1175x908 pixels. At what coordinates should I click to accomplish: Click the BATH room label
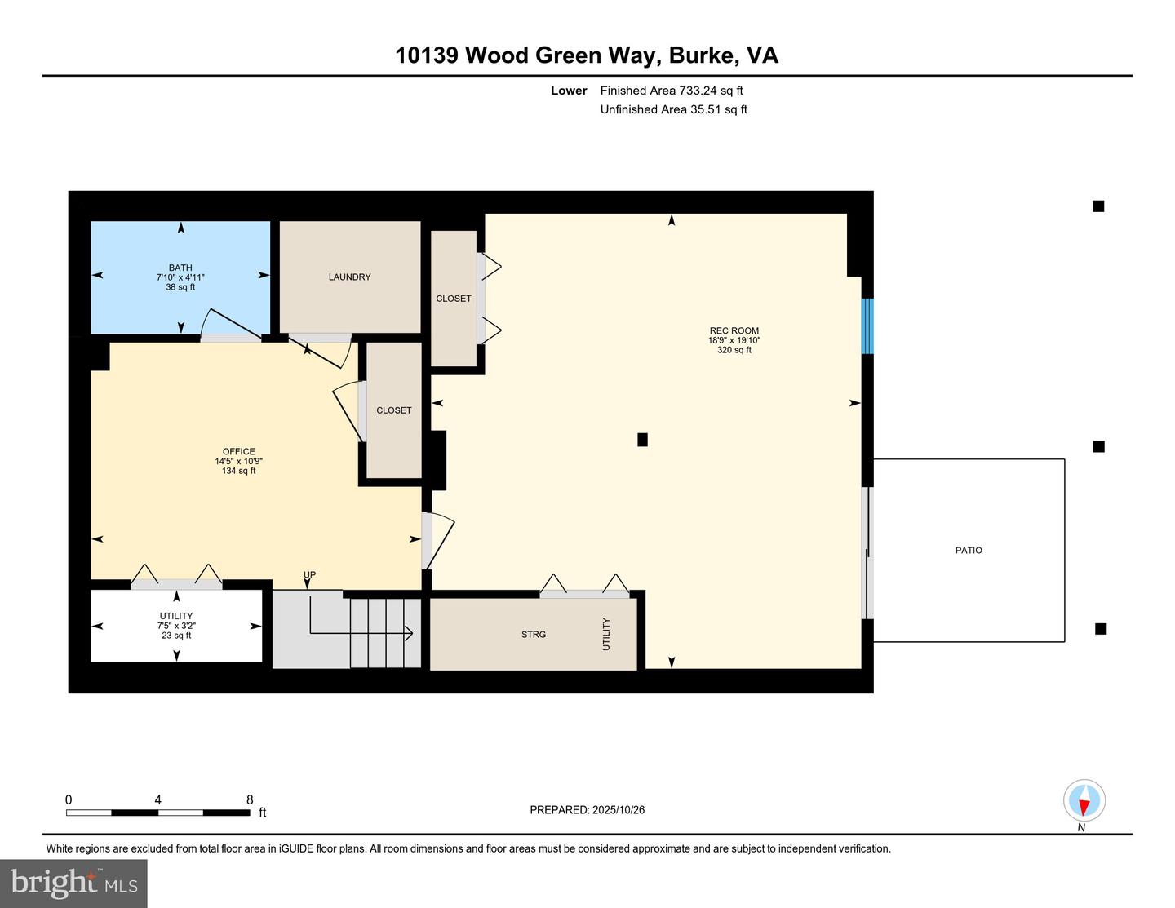pyautogui.click(x=180, y=268)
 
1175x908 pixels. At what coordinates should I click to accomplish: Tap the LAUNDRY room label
pyautogui.click(x=349, y=277)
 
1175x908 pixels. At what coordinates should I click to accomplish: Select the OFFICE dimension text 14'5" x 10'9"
pyautogui.click(x=238, y=461)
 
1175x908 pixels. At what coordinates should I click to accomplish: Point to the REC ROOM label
pyautogui.click(x=734, y=331)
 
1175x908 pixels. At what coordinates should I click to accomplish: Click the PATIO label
pyautogui.click(x=969, y=551)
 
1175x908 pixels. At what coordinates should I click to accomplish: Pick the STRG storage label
pyautogui.click(x=534, y=635)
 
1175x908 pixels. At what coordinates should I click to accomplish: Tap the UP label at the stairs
pyautogui.click(x=309, y=575)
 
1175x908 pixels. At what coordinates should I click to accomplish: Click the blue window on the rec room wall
pyautogui.click(x=867, y=326)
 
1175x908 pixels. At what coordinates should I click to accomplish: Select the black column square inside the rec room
pyautogui.click(x=642, y=440)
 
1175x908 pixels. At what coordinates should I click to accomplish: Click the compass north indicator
pyautogui.click(x=1084, y=801)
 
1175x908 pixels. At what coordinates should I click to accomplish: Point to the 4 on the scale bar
pyautogui.click(x=157, y=800)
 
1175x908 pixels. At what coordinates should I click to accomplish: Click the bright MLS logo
pyautogui.click(x=73, y=883)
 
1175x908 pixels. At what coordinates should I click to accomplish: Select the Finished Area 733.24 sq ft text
pyautogui.click(x=671, y=91)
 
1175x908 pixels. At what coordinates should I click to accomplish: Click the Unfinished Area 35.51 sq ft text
pyautogui.click(x=673, y=109)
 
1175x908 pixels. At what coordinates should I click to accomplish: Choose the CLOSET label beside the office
pyautogui.click(x=393, y=410)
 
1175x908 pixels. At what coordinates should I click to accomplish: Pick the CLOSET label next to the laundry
pyautogui.click(x=453, y=299)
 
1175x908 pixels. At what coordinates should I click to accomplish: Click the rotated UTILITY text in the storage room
pyautogui.click(x=606, y=634)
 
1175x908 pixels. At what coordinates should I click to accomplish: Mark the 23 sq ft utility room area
pyautogui.click(x=176, y=636)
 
